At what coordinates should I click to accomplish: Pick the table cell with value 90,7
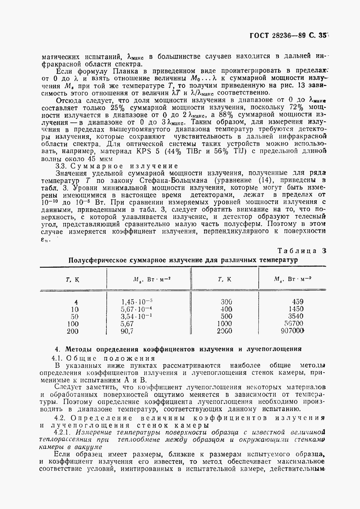click(127, 331)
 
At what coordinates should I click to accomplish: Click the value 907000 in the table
click(292, 331)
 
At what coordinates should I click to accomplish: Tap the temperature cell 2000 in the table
click(224, 331)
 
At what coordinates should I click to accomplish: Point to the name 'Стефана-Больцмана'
click(180, 181)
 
